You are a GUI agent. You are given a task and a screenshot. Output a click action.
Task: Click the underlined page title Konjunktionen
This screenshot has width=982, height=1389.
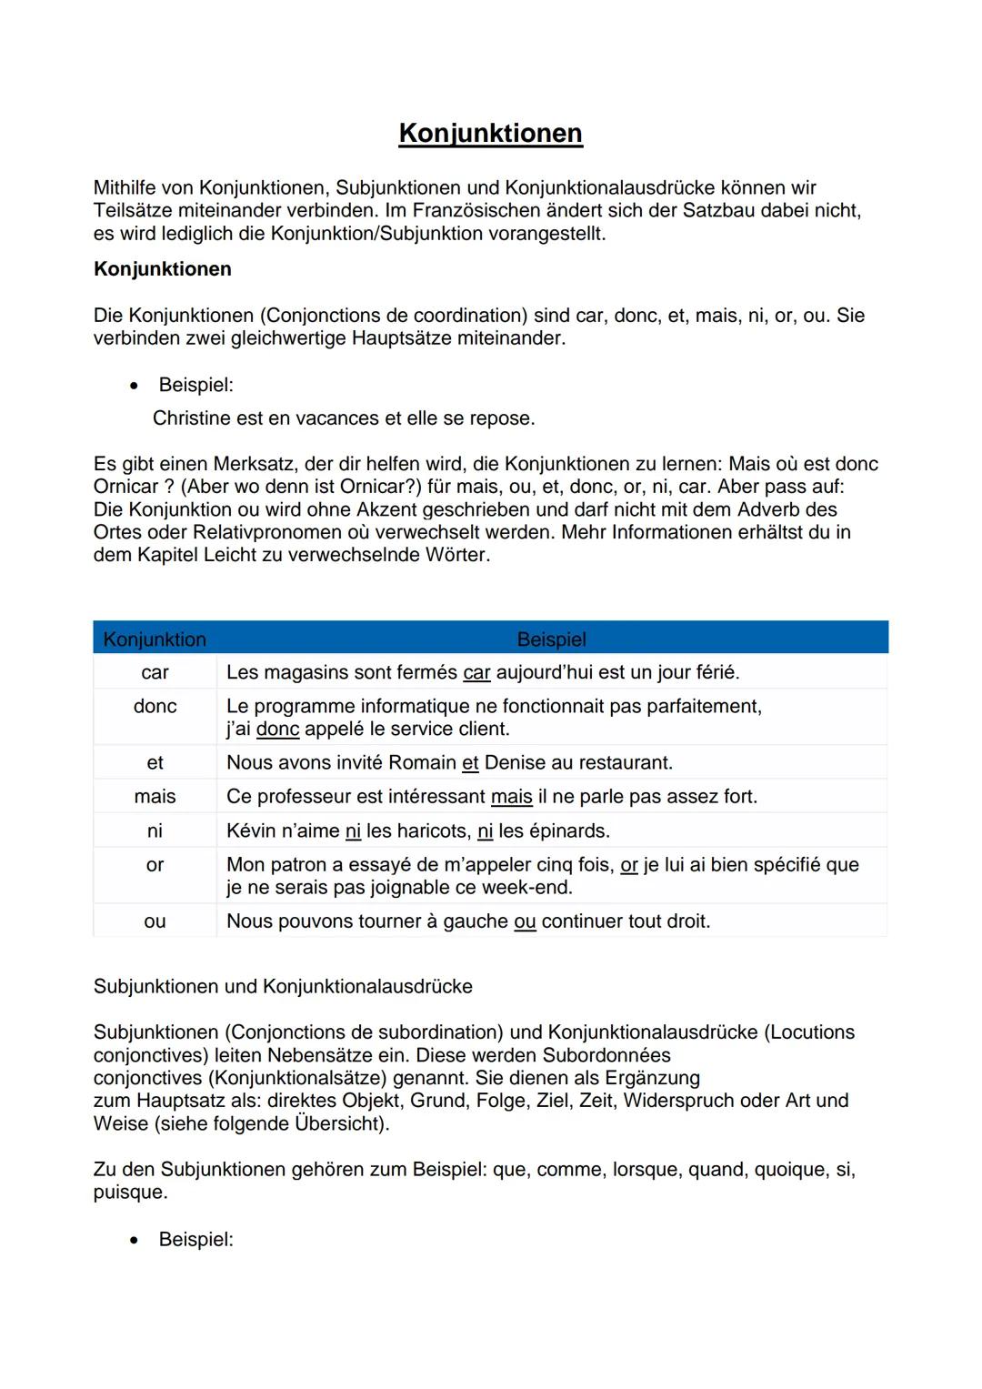pyautogui.click(x=490, y=133)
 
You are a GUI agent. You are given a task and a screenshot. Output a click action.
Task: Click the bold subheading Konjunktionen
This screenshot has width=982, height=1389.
pyautogui.click(x=162, y=269)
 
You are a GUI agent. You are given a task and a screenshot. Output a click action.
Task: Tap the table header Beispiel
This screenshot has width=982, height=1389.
pyautogui.click(x=551, y=639)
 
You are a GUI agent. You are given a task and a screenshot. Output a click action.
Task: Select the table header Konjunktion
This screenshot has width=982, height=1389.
pyautogui.click(x=155, y=639)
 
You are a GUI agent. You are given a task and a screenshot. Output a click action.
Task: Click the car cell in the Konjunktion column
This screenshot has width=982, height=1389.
pyautogui.click(x=155, y=672)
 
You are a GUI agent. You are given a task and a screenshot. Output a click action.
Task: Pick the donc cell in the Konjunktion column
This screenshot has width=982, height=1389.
pyautogui.click(x=155, y=706)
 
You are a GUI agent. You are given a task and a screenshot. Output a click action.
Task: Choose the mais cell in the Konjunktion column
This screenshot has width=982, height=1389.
pyautogui.click(x=155, y=797)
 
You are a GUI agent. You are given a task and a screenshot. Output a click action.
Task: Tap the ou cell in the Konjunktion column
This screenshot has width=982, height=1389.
pyautogui.click(x=155, y=921)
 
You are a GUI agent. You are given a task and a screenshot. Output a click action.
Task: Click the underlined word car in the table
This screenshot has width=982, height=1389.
pyautogui.click(x=476, y=673)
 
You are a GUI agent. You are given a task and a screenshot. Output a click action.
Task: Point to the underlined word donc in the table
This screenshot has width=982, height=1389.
pyautogui.click(x=277, y=730)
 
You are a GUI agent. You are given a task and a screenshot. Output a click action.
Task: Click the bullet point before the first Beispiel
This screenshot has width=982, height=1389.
pyautogui.click(x=135, y=386)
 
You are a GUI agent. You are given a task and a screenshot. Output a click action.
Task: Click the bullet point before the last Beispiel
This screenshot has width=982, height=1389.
pyautogui.click(x=135, y=1241)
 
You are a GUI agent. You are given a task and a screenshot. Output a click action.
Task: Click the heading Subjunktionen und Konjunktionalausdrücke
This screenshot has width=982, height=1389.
pyautogui.click(x=283, y=987)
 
